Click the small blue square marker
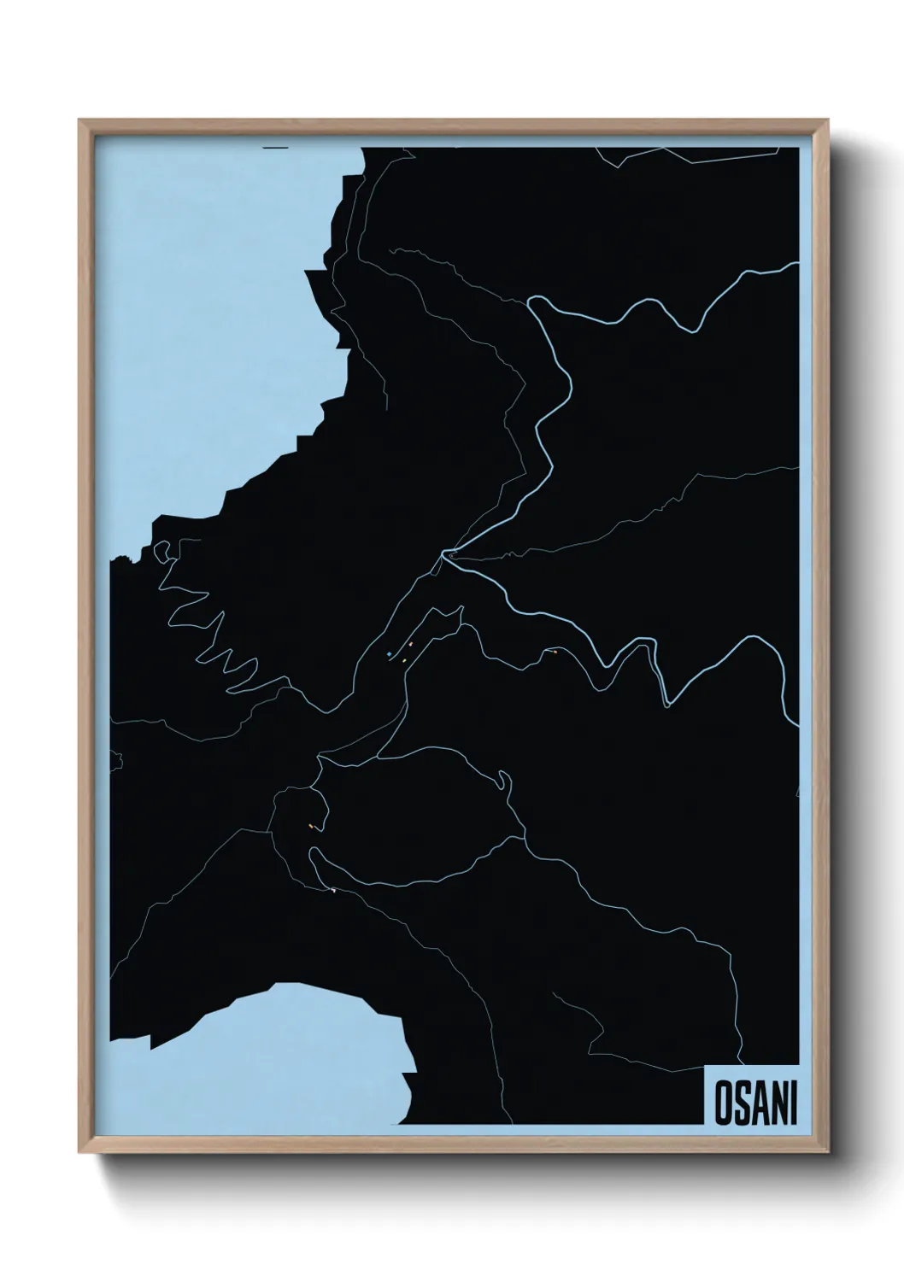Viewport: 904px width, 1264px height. [389, 654]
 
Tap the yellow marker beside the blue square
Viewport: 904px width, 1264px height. [403, 660]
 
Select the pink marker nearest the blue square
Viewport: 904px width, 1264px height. [411, 644]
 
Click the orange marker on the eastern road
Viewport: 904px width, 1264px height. [555, 652]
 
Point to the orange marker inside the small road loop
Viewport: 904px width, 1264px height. [311, 826]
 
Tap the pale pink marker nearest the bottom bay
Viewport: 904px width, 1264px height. [333, 890]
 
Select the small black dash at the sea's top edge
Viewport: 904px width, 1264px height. [276, 148]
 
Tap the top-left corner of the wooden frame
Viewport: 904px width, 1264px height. [80, 121]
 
